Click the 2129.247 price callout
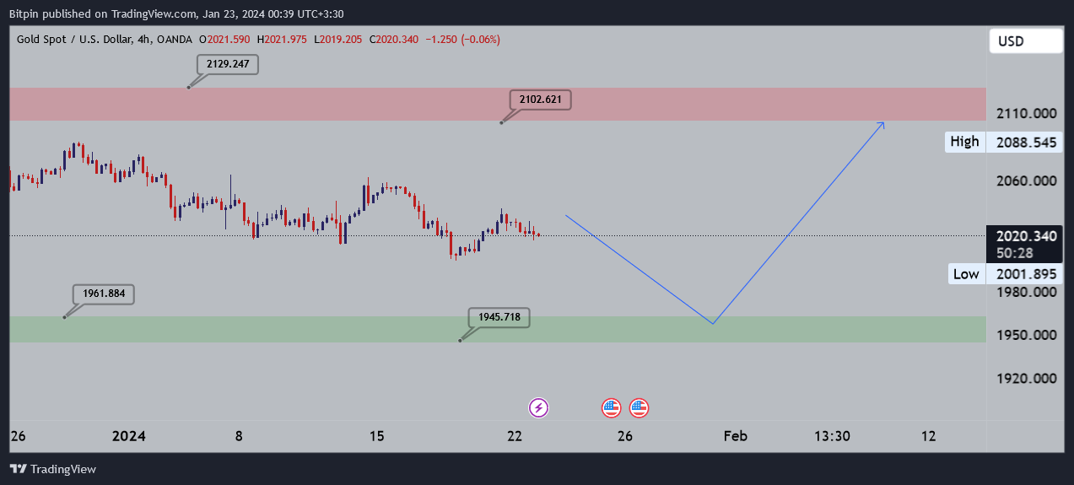click(227, 64)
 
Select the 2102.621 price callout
click(540, 100)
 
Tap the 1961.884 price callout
click(104, 294)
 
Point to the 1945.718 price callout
click(499, 318)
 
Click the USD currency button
click(1025, 40)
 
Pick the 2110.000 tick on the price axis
click(1026, 114)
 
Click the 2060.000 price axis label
click(1026, 181)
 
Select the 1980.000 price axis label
click(1026, 292)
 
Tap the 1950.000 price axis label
click(1026, 335)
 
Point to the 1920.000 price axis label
click(1026, 378)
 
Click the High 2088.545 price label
click(1003, 142)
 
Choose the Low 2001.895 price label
click(1003, 273)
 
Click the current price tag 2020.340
click(1025, 236)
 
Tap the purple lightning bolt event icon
click(539, 408)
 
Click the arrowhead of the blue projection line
click(882, 124)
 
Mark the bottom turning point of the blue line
click(713, 323)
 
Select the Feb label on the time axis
click(735, 436)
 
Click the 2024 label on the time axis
click(129, 436)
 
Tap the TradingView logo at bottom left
click(53, 469)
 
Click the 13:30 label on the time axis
click(832, 436)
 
